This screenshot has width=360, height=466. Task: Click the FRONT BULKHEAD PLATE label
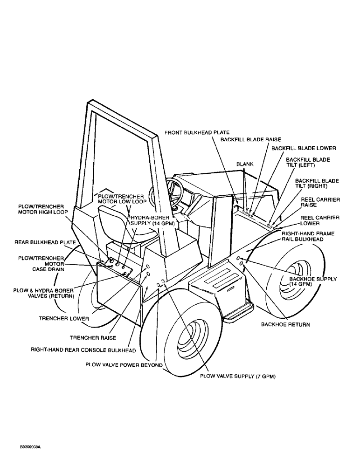pos(197,133)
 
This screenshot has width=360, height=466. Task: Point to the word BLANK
pos(245,164)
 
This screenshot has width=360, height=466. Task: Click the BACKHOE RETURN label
pos(285,324)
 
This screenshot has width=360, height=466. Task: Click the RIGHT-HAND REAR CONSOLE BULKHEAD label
pos(83,349)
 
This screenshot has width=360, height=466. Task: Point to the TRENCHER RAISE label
pos(92,337)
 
